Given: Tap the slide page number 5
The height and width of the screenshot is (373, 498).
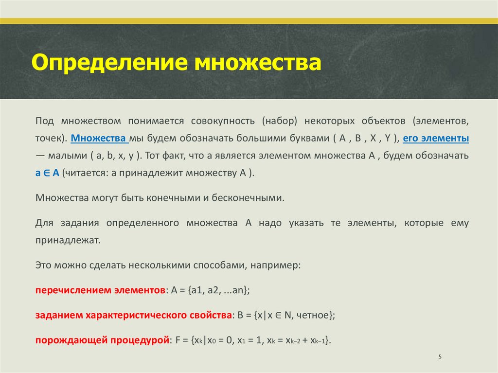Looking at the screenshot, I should (x=440, y=357).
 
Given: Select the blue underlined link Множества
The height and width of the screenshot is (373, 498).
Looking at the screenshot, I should (x=99, y=138).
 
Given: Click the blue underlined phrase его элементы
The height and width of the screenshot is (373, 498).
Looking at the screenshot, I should (x=436, y=138).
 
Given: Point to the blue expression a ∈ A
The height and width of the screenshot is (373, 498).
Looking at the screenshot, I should (x=47, y=174).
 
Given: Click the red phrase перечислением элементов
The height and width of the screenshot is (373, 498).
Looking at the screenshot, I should (x=100, y=290).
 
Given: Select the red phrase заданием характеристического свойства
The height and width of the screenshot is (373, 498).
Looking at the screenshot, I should (x=132, y=315).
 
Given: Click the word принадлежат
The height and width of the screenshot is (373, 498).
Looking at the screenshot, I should (x=67, y=240).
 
